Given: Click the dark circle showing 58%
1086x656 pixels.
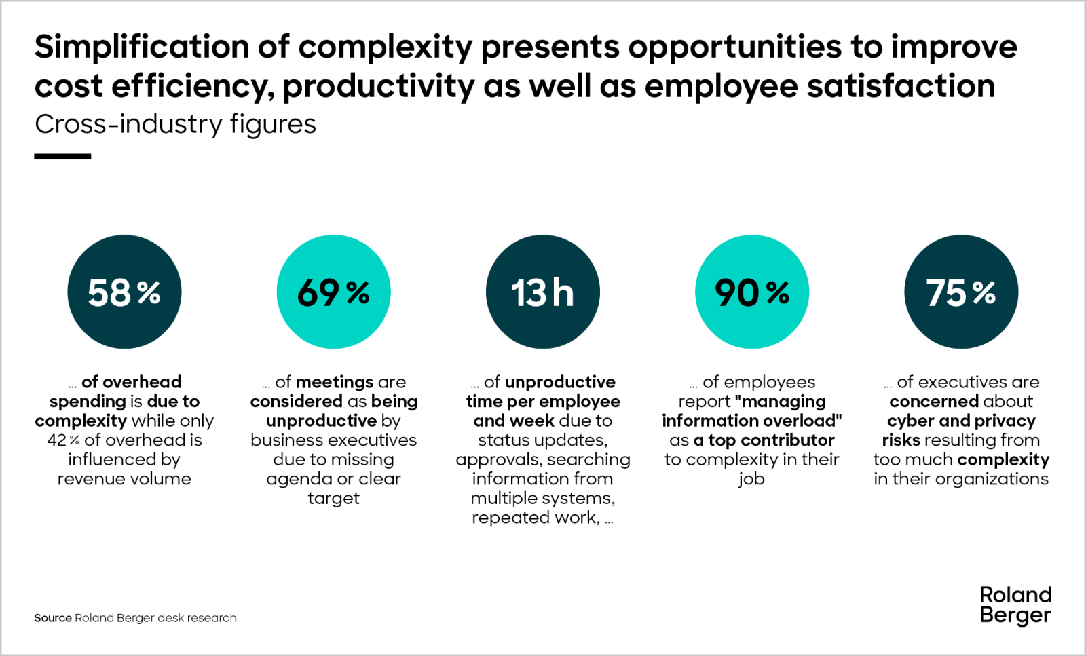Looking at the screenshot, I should (124, 292).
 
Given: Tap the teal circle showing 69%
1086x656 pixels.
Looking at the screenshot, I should (333, 292).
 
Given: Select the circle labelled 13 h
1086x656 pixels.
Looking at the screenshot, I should (542, 292).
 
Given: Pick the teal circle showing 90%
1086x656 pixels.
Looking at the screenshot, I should (751, 292).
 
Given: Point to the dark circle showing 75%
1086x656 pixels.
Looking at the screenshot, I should (960, 292).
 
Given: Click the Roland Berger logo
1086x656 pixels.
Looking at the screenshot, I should (1015, 604).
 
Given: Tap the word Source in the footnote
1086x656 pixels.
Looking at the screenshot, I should (53, 618).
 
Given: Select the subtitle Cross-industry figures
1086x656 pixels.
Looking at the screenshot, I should (175, 124).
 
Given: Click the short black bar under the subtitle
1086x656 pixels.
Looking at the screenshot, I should (62, 157).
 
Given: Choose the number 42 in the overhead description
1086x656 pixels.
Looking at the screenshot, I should (56, 440).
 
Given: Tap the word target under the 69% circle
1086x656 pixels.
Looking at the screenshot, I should (333, 499).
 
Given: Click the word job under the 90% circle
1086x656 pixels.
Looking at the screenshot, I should (751, 479).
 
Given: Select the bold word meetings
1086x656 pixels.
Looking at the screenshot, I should (335, 382).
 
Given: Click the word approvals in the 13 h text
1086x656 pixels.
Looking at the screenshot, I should (499, 460).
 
